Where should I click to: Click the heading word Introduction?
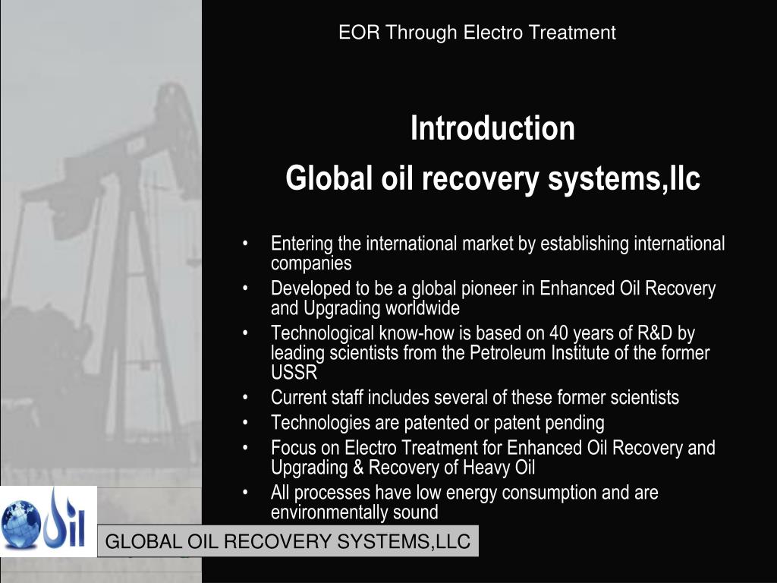tap(492, 128)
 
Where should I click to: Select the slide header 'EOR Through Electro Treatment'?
tap(477, 33)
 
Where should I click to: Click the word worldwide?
tap(423, 308)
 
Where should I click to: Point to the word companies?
tap(311, 263)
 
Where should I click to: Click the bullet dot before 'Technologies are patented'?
tap(247, 423)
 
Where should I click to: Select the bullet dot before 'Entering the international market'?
tap(247, 244)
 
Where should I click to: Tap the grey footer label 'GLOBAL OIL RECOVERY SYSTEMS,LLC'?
tap(288, 542)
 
